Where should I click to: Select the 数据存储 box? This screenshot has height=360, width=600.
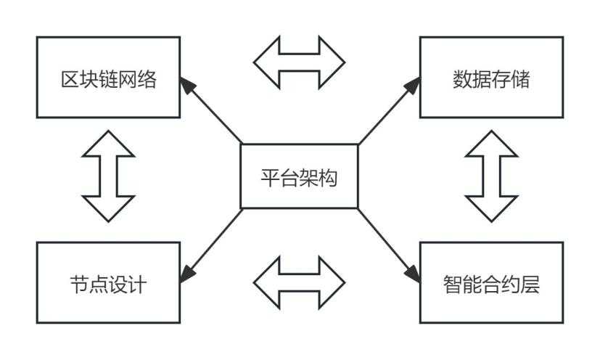[x=490, y=78]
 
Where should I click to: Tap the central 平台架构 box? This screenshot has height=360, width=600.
[x=299, y=176]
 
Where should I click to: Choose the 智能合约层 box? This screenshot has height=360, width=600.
[x=490, y=282]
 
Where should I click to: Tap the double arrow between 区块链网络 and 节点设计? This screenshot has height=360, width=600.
[x=109, y=176]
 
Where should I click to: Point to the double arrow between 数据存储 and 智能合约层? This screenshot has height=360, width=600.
[x=491, y=176]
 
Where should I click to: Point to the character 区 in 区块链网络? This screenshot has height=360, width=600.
[x=68, y=79]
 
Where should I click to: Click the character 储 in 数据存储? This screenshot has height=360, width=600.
[x=520, y=79]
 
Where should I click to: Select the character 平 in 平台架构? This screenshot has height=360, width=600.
[x=269, y=177]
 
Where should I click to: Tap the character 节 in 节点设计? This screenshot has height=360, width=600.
[x=78, y=283]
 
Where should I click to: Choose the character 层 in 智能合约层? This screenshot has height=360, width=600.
[x=530, y=283]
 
